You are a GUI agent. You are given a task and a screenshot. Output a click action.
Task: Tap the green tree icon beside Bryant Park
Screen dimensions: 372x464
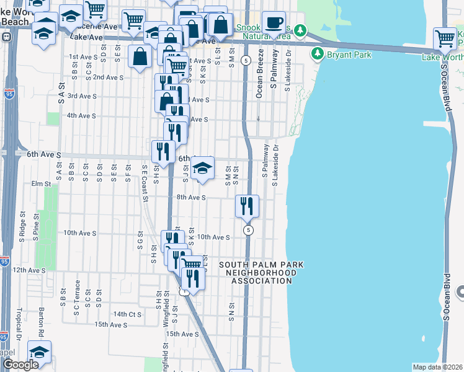pyautogui.click(x=318, y=54)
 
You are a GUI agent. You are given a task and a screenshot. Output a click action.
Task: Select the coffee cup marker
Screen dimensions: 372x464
pyautogui.click(x=274, y=24)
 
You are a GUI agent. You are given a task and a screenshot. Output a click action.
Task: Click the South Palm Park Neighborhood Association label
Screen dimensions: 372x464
pyautogui.click(x=261, y=273)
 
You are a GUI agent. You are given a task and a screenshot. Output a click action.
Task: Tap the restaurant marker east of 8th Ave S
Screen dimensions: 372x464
pyautogui.click(x=248, y=206)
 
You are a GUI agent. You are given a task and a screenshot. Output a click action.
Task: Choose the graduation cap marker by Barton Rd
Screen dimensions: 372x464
pyautogui.click(x=40, y=353)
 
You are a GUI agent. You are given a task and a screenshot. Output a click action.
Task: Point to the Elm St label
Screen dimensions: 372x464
pyautogui.click(x=40, y=184)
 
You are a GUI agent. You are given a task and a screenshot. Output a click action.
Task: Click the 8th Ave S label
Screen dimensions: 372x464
pyautogui.click(x=190, y=198)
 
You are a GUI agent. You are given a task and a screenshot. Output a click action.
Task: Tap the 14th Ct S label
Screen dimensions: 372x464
pyautogui.click(x=127, y=314)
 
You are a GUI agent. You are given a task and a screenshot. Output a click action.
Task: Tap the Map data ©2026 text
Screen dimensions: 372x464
pyautogui.click(x=437, y=367)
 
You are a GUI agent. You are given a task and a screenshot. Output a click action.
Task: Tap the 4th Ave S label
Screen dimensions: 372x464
pyautogui.click(x=81, y=116)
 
